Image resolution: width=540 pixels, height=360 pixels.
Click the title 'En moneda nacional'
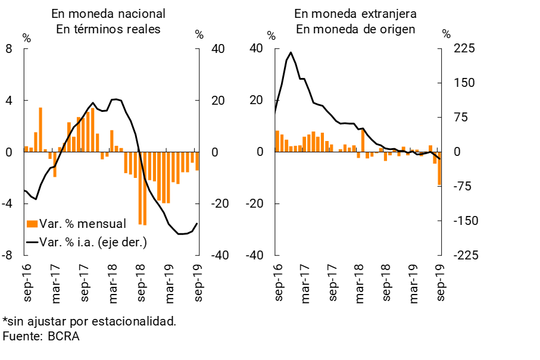coord(108,13)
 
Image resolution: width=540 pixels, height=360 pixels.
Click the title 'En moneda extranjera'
coord(355,13)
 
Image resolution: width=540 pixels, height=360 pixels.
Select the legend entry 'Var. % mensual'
coord(82,224)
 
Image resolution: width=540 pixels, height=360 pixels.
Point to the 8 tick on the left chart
coord(9,49)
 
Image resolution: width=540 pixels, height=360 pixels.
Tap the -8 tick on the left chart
coord(8,255)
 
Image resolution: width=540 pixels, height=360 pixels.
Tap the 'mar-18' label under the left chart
coord(112,280)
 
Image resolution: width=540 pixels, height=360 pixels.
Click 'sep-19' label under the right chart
coord(441,280)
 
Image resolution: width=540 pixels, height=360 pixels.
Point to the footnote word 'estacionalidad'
coord(139,321)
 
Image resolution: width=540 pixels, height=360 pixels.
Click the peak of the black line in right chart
coord(291,52)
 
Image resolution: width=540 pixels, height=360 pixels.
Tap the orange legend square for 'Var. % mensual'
coord(32,224)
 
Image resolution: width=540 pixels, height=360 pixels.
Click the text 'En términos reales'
coord(108,29)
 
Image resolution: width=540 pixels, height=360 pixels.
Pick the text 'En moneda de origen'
coord(355,29)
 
